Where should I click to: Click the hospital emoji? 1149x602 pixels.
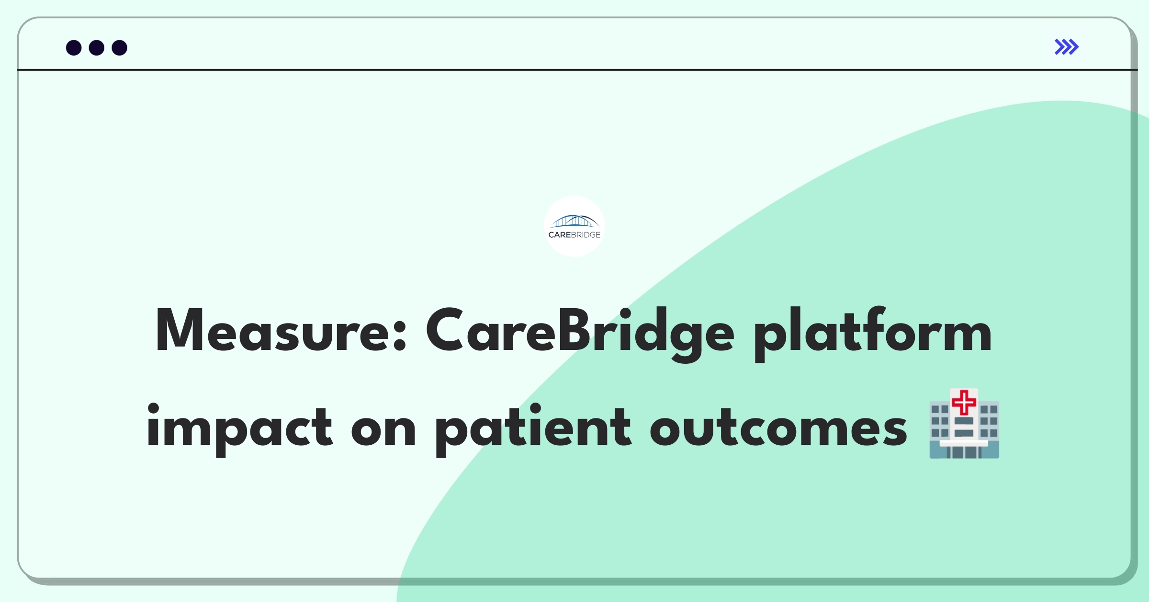(964, 424)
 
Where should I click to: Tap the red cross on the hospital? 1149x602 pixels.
(964, 402)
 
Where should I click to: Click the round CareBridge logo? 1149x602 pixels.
(574, 226)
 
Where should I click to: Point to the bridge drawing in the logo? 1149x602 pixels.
(574, 221)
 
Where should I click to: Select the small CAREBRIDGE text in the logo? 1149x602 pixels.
(574, 235)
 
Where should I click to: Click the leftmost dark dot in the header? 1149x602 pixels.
(74, 47)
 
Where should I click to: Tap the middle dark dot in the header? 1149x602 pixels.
(97, 47)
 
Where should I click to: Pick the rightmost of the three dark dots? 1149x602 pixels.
(120, 47)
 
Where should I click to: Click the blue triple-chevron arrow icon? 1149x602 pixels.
(1067, 47)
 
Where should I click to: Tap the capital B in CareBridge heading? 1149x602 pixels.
(574, 330)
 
